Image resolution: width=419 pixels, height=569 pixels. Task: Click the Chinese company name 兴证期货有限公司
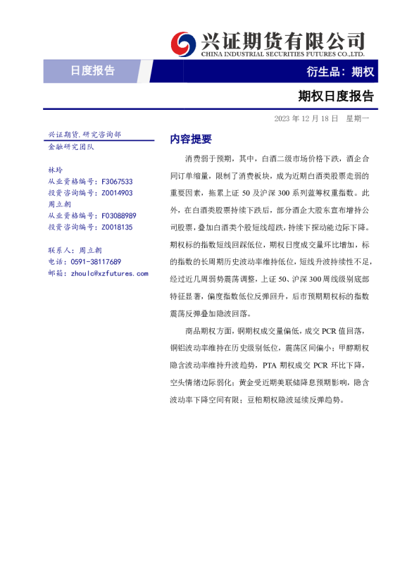[x=282, y=39]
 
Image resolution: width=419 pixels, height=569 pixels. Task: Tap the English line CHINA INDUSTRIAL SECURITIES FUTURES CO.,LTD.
[x=282, y=54]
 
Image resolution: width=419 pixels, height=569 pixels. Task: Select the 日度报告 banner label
[x=93, y=71]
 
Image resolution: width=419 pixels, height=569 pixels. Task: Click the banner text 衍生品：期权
[x=340, y=71]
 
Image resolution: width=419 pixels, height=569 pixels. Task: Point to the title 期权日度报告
[x=335, y=96]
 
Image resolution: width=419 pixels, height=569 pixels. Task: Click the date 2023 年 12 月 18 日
[x=306, y=118]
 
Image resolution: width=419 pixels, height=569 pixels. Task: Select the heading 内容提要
[x=190, y=139]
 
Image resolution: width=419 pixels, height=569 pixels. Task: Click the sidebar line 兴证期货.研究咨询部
[x=84, y=134]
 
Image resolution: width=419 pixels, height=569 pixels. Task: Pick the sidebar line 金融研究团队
[x=70, y=146]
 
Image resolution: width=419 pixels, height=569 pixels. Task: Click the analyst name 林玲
[x=55, y=170]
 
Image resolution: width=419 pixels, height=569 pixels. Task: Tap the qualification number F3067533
[x=117, y=181]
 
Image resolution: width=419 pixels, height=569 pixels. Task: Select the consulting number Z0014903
[x=117, y=192]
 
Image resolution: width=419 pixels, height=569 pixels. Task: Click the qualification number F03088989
[x=119, y=215]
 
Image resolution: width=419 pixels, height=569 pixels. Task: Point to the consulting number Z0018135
[x=117, y=227]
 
